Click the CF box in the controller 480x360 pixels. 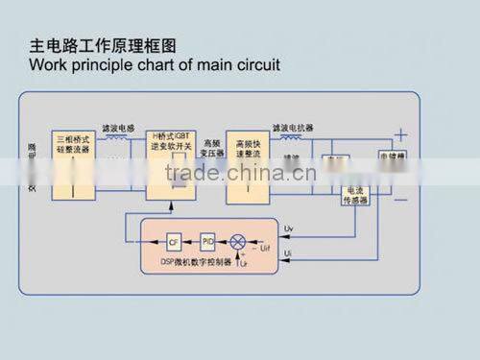(174, 240)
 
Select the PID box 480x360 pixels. (208, 240)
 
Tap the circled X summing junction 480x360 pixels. (239, 240)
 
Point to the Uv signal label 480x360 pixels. (291, 228)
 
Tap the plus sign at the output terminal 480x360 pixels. (400, 136)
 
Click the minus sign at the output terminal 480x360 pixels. (400, 199)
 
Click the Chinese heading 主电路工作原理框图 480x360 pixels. (104, 46)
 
